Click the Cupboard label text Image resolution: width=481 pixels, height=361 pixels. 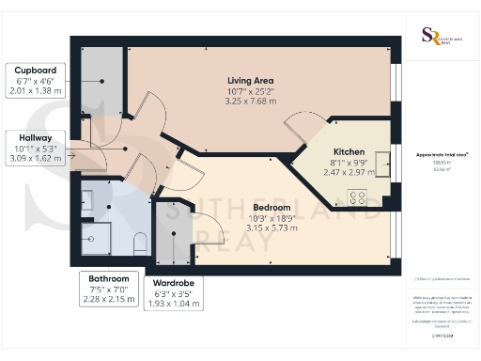(x=34, y=71)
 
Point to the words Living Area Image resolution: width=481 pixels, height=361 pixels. (x=251, y=80)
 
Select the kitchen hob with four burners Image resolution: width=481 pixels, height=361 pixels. (x=358, y=196)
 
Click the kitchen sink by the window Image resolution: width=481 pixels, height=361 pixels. (x=383, y=163)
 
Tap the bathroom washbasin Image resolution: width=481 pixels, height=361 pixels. (x=86, y=199)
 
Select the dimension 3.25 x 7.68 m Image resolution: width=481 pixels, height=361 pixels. (x=251, y=102)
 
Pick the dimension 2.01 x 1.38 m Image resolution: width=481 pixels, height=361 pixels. (x=34, y=92)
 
